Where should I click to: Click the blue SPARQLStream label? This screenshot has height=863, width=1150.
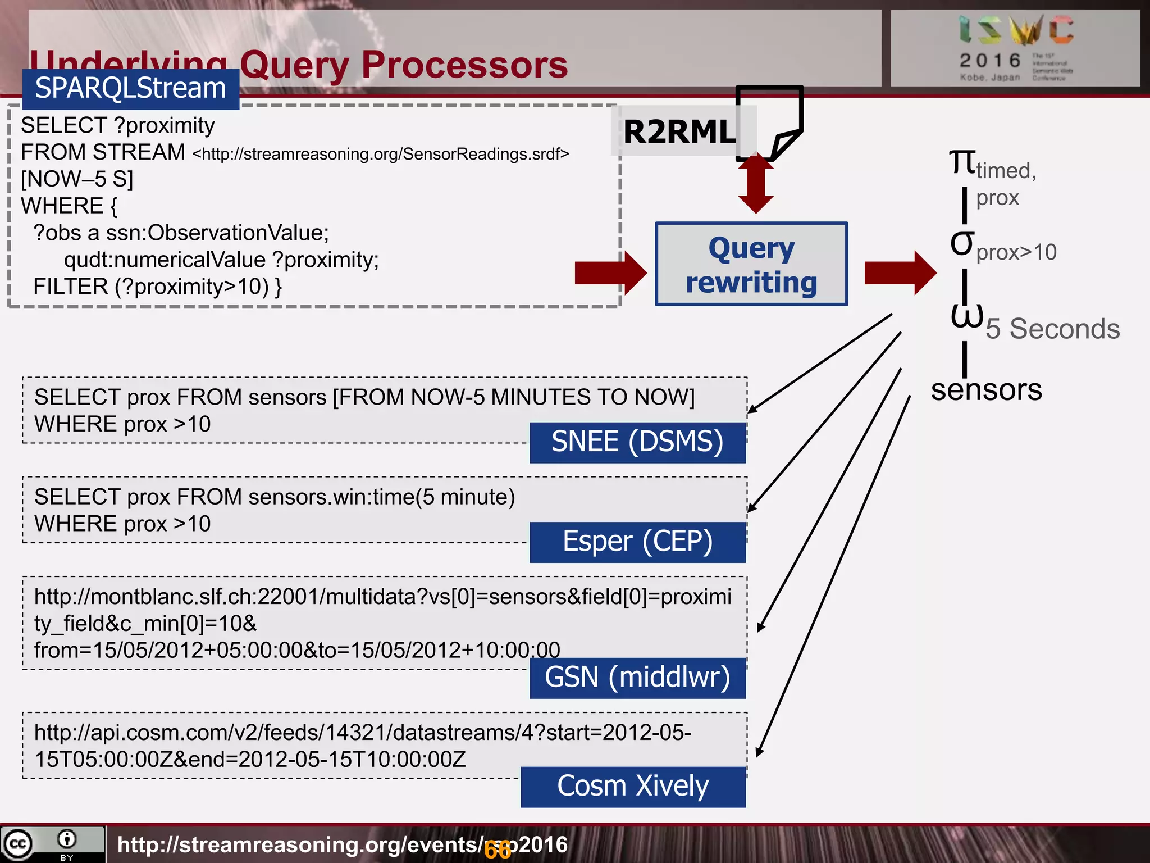[131, 89]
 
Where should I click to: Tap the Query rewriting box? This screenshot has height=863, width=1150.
[751, 264]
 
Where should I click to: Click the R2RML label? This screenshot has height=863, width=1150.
[679, 132]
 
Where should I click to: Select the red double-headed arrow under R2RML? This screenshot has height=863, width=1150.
[756, 183]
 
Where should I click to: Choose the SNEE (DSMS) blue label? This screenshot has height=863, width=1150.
[637, 442]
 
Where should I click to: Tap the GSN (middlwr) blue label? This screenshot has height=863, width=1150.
[637, 678]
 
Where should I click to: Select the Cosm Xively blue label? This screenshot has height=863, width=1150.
[633, 787]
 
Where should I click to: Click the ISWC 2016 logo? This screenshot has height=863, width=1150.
[1015, 48]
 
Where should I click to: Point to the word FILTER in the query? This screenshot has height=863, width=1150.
[70, 287]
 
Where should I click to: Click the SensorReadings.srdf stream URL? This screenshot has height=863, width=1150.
[381, 154]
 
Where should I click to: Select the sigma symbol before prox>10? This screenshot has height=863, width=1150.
[961, 243]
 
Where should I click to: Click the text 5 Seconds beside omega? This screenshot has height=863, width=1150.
[1053, 329]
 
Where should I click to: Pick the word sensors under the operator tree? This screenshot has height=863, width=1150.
[986, 389]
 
